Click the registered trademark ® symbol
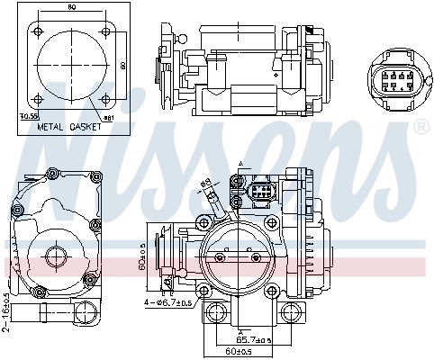[420, 128]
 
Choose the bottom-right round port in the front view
[290, 313]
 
